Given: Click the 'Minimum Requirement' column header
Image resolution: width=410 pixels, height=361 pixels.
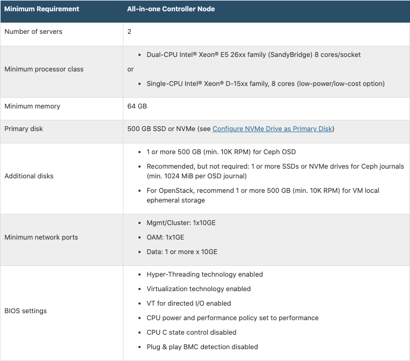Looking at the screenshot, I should tap(42, 9).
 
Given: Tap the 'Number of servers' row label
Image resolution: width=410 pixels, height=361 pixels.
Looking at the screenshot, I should tap(33, 32).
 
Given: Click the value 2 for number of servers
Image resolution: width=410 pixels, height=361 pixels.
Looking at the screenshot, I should tap(129, 32).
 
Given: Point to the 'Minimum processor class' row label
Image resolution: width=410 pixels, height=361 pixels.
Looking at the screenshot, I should tap(44, 69).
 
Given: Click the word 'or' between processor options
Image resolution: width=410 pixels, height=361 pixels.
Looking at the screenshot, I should tap(130, 69).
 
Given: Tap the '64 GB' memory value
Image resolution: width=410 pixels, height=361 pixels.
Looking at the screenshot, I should tap(137, 106).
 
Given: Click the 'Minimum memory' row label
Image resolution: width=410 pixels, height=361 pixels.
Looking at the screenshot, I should tap(32, 106).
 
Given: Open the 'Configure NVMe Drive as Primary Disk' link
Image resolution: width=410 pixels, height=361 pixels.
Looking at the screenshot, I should tap(273, 129).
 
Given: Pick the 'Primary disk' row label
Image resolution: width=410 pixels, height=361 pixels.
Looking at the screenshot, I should tap(24, 129).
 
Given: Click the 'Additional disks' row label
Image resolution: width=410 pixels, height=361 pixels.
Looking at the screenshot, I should tap(29, 176).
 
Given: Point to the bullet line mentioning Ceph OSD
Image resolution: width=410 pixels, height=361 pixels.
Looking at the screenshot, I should tap(221, 152).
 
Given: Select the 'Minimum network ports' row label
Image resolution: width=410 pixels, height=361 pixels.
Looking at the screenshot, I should tap(41, 237).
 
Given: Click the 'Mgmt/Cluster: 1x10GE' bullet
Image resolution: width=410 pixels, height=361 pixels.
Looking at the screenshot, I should tap(181, 223).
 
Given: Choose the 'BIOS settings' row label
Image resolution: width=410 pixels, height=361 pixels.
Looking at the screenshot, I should tap(25, 311).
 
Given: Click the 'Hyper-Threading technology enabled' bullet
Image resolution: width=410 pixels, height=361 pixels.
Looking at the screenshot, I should tap(204, 275).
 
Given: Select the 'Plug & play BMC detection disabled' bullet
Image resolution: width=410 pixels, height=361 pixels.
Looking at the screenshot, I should tap(202, 347).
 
